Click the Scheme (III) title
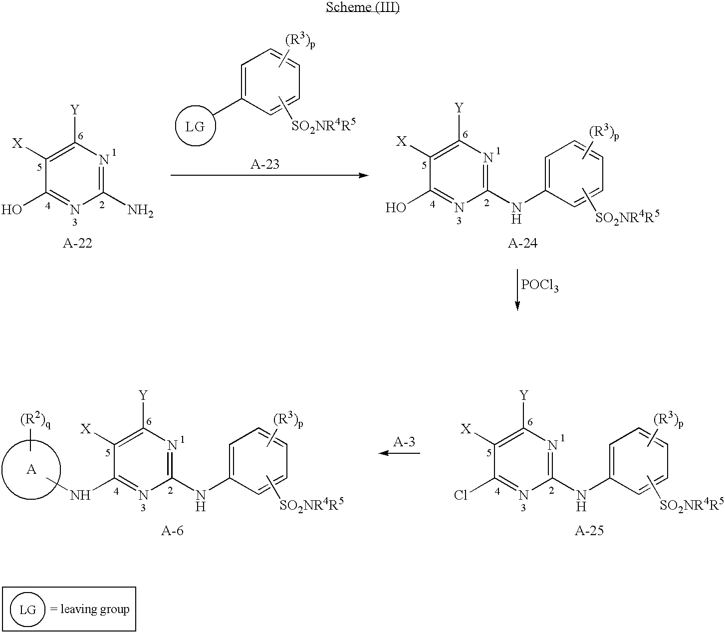pos(362,7)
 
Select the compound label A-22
pos(77,243)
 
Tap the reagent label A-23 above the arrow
pos(264,164)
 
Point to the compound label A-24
pos(522,243)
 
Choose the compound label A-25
pos(589,531)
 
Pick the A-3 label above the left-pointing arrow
pos(404,442)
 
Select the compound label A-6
pos(172,531)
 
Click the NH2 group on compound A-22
pos(140,211)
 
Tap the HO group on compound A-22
pos(11,210)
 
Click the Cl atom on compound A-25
pos(461,495)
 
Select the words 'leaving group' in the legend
pos(95,610)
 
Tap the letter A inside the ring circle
pos(31,470)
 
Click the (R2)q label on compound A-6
pos(35,421)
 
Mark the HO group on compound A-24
pos(396,208)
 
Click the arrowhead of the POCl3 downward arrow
pos(517,306)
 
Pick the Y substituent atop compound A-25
pos(523,395)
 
